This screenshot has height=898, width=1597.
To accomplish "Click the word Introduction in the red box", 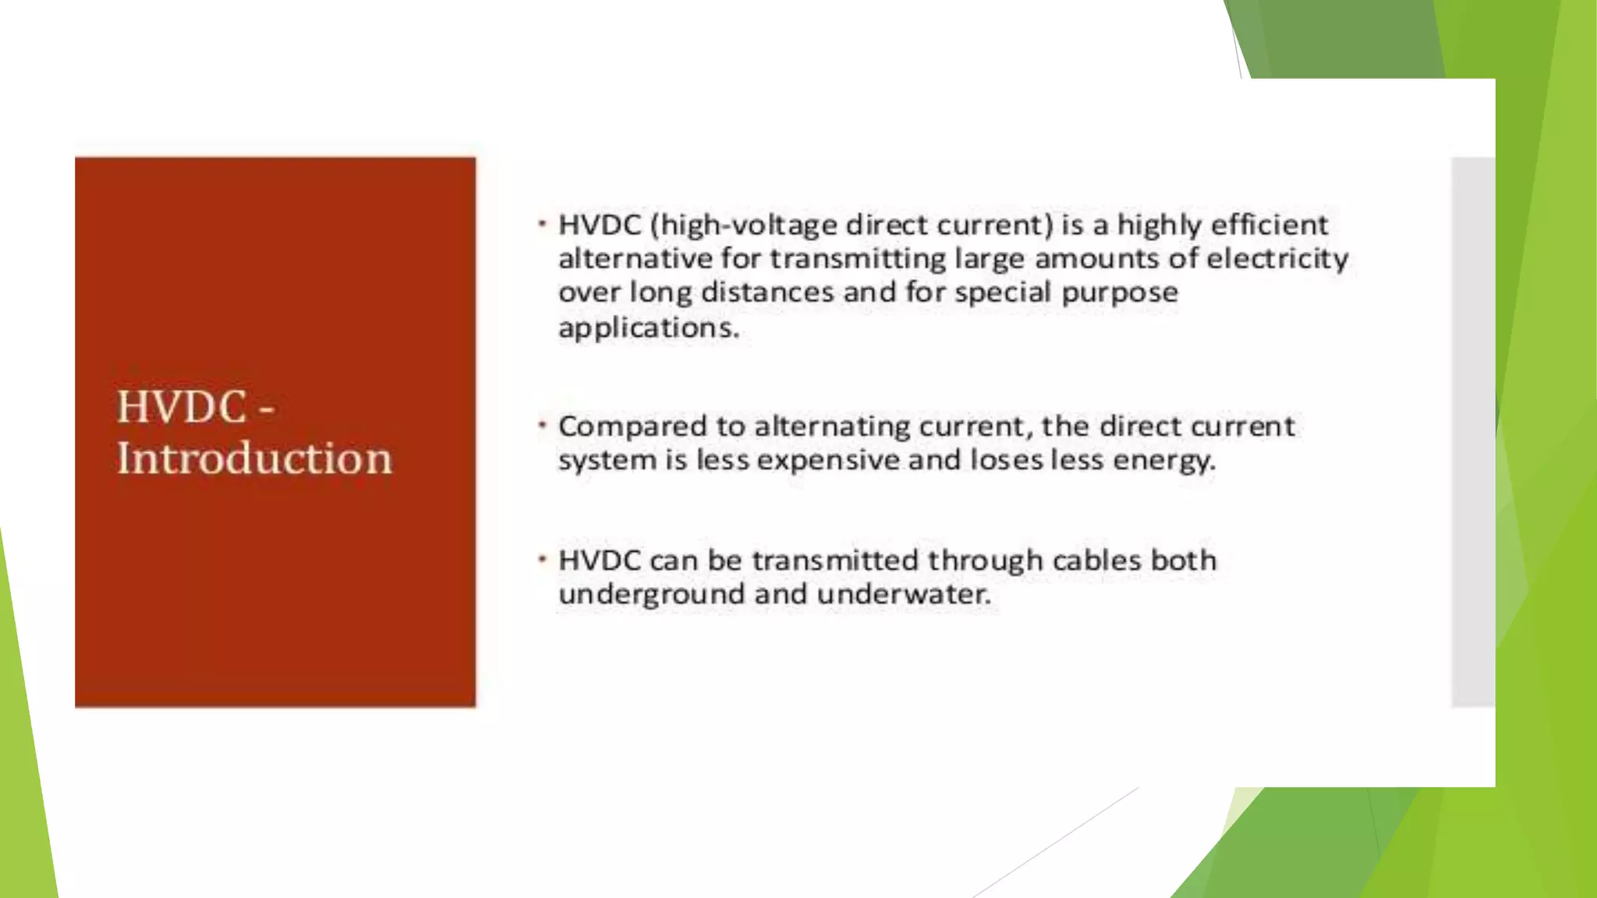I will (254, 458).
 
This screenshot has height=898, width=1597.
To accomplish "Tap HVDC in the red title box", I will (181, 407).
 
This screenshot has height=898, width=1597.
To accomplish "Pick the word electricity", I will (1277, 258).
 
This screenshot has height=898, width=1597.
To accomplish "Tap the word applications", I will (648, 327).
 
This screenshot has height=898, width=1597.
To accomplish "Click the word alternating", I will (831, 426).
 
